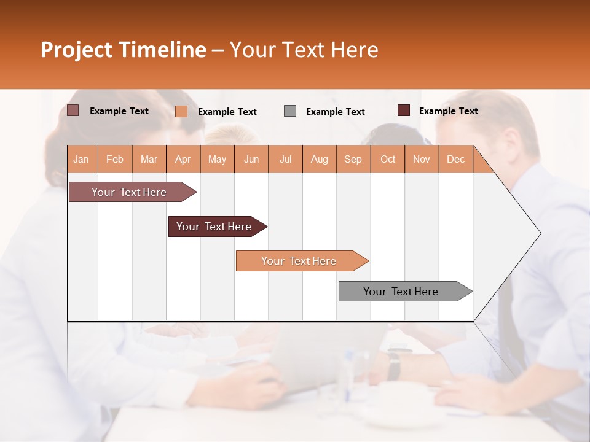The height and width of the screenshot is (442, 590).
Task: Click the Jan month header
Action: [81, 160]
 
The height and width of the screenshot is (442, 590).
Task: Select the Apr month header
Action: [183, 160]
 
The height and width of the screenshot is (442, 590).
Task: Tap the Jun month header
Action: [251, 160]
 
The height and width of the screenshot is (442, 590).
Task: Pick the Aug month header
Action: [319, 160]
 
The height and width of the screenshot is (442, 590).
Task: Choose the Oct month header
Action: [388, 160]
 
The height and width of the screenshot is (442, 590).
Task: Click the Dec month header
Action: [455, 160]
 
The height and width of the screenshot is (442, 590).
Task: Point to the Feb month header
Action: [115, 160]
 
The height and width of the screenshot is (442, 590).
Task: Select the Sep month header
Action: [353, 160]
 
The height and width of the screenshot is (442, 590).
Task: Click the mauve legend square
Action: [73, 110]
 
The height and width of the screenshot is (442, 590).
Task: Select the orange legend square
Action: [181, 111]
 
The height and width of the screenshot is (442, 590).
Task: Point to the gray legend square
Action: [290, 111]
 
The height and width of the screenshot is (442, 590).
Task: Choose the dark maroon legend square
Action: [404, 110]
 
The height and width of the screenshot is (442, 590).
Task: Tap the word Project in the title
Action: [77, 50]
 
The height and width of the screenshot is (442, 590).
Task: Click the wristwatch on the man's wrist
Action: [394, 365]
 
